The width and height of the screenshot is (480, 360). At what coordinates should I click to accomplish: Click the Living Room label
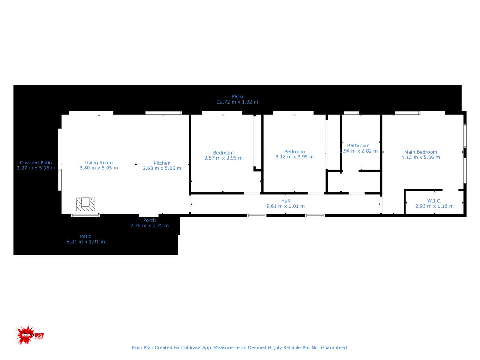98,163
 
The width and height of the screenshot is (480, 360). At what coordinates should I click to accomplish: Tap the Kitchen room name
162,163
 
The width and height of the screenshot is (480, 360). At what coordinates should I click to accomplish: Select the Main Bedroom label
420,152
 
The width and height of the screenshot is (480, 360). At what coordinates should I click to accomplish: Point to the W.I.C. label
434,201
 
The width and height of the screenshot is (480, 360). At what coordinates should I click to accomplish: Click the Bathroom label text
358,145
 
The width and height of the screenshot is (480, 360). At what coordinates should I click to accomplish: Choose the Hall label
285,201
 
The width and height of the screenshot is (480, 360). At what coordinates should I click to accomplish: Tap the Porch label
149,220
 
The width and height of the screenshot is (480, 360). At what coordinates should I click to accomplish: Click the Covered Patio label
36,163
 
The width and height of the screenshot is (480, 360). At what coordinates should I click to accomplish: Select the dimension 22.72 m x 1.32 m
237,102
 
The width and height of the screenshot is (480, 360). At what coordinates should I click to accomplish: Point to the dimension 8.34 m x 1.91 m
85,242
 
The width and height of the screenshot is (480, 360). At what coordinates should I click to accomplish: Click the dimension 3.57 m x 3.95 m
223,158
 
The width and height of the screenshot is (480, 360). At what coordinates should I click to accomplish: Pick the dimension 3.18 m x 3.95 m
295,157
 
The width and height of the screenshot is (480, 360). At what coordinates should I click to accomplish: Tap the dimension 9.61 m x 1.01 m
285,206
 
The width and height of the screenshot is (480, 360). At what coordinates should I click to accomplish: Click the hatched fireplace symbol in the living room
85,204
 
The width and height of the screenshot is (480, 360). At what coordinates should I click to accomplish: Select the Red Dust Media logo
30,335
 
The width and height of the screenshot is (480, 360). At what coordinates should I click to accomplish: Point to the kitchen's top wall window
164,113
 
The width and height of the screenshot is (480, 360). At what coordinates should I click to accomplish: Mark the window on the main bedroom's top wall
407,113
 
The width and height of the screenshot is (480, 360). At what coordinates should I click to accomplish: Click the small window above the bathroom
351,113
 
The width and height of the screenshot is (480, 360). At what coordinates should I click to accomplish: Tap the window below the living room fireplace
85,215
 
